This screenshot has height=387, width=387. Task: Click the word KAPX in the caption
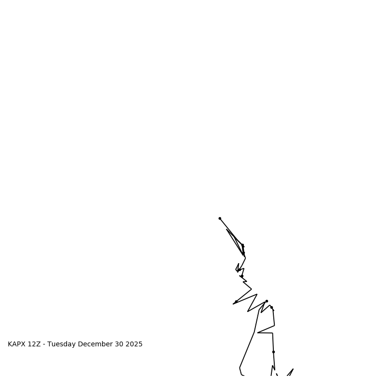click(x=16, y=344)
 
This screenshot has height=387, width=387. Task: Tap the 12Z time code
click(x=34, y=344)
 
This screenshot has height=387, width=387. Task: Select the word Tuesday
click(x=61, y=344)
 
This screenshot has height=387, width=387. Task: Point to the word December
click(x=95, y=344)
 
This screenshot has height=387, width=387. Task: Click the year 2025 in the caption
click(x=134, y=344)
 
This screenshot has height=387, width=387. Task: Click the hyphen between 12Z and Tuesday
click(x=44, y=344)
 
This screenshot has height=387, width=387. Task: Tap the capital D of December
click(x=80, y=344)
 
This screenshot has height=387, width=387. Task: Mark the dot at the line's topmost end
click(x=220, y=218)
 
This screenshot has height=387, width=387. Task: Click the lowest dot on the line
click(x=273, y=352)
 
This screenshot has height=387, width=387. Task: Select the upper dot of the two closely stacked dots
click(x=243, y=246)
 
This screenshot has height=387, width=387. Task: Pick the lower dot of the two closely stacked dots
click(x=243, y=253)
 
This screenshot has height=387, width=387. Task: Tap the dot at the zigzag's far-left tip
click(x=236, y=302)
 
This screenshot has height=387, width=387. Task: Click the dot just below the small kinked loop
click(x=241, y=276)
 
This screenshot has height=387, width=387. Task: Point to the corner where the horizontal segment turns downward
click(x=272, y=333)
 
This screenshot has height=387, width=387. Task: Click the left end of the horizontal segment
click(x=258, y=332)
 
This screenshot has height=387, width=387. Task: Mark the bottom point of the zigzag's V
click(x=248, y=312)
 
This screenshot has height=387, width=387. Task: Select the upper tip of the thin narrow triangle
click(x=226, y=229)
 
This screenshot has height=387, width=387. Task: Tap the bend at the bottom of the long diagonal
click(x=240, y=368)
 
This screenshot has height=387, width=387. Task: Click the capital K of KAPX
click(x=10, y=344)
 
